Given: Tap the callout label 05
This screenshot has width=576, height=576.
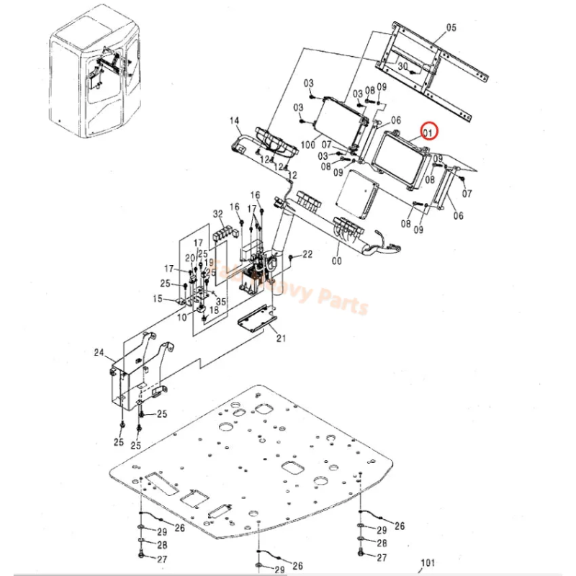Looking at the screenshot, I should coord(451,28).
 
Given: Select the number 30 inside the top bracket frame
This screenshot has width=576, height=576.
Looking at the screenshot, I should coord(403,66).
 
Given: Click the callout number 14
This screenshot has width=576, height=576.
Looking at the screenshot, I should coord(234,120).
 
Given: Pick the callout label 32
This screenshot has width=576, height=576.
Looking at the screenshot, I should coord(217,214).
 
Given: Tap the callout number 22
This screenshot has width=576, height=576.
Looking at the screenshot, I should coord(307,254).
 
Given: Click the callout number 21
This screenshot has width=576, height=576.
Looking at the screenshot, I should coord(281,338).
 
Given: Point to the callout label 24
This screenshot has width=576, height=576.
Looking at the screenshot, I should coord(99,353).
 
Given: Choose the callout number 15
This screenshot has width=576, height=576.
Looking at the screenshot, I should coord(157,298).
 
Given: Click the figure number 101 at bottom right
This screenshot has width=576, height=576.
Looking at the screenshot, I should coord(428,563).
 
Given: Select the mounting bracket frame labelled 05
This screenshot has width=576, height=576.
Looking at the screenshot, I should coord(432,72).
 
